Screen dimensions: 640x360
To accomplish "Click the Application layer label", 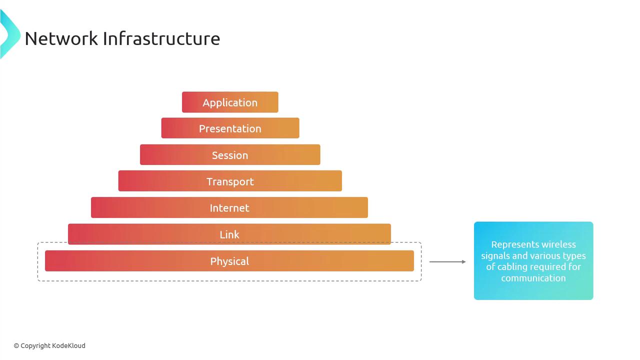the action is (x=230, y=102).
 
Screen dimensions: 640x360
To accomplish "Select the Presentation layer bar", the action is (x=230, y=128).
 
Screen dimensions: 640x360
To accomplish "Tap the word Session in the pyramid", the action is (x=230, y=155).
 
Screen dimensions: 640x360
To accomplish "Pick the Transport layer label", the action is (x=230, y=181).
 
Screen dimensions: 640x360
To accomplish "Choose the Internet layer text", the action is (x=229, y=208).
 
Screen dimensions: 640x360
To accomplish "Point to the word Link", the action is (x=229, y=234).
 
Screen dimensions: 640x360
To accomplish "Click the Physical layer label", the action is (x=229, y=261).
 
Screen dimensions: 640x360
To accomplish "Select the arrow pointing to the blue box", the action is (x=447, y=261).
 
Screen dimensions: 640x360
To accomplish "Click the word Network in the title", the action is (x=61, y=38).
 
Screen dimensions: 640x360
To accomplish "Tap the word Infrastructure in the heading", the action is (x=161, y=38).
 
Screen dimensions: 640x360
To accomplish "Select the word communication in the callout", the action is (x=533, y=278).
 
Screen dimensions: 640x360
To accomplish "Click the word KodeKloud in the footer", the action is (x=69, y=345).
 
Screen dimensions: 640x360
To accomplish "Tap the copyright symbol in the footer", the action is (x=16, y=346).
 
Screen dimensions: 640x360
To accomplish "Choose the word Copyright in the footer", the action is (x=35, y=346).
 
